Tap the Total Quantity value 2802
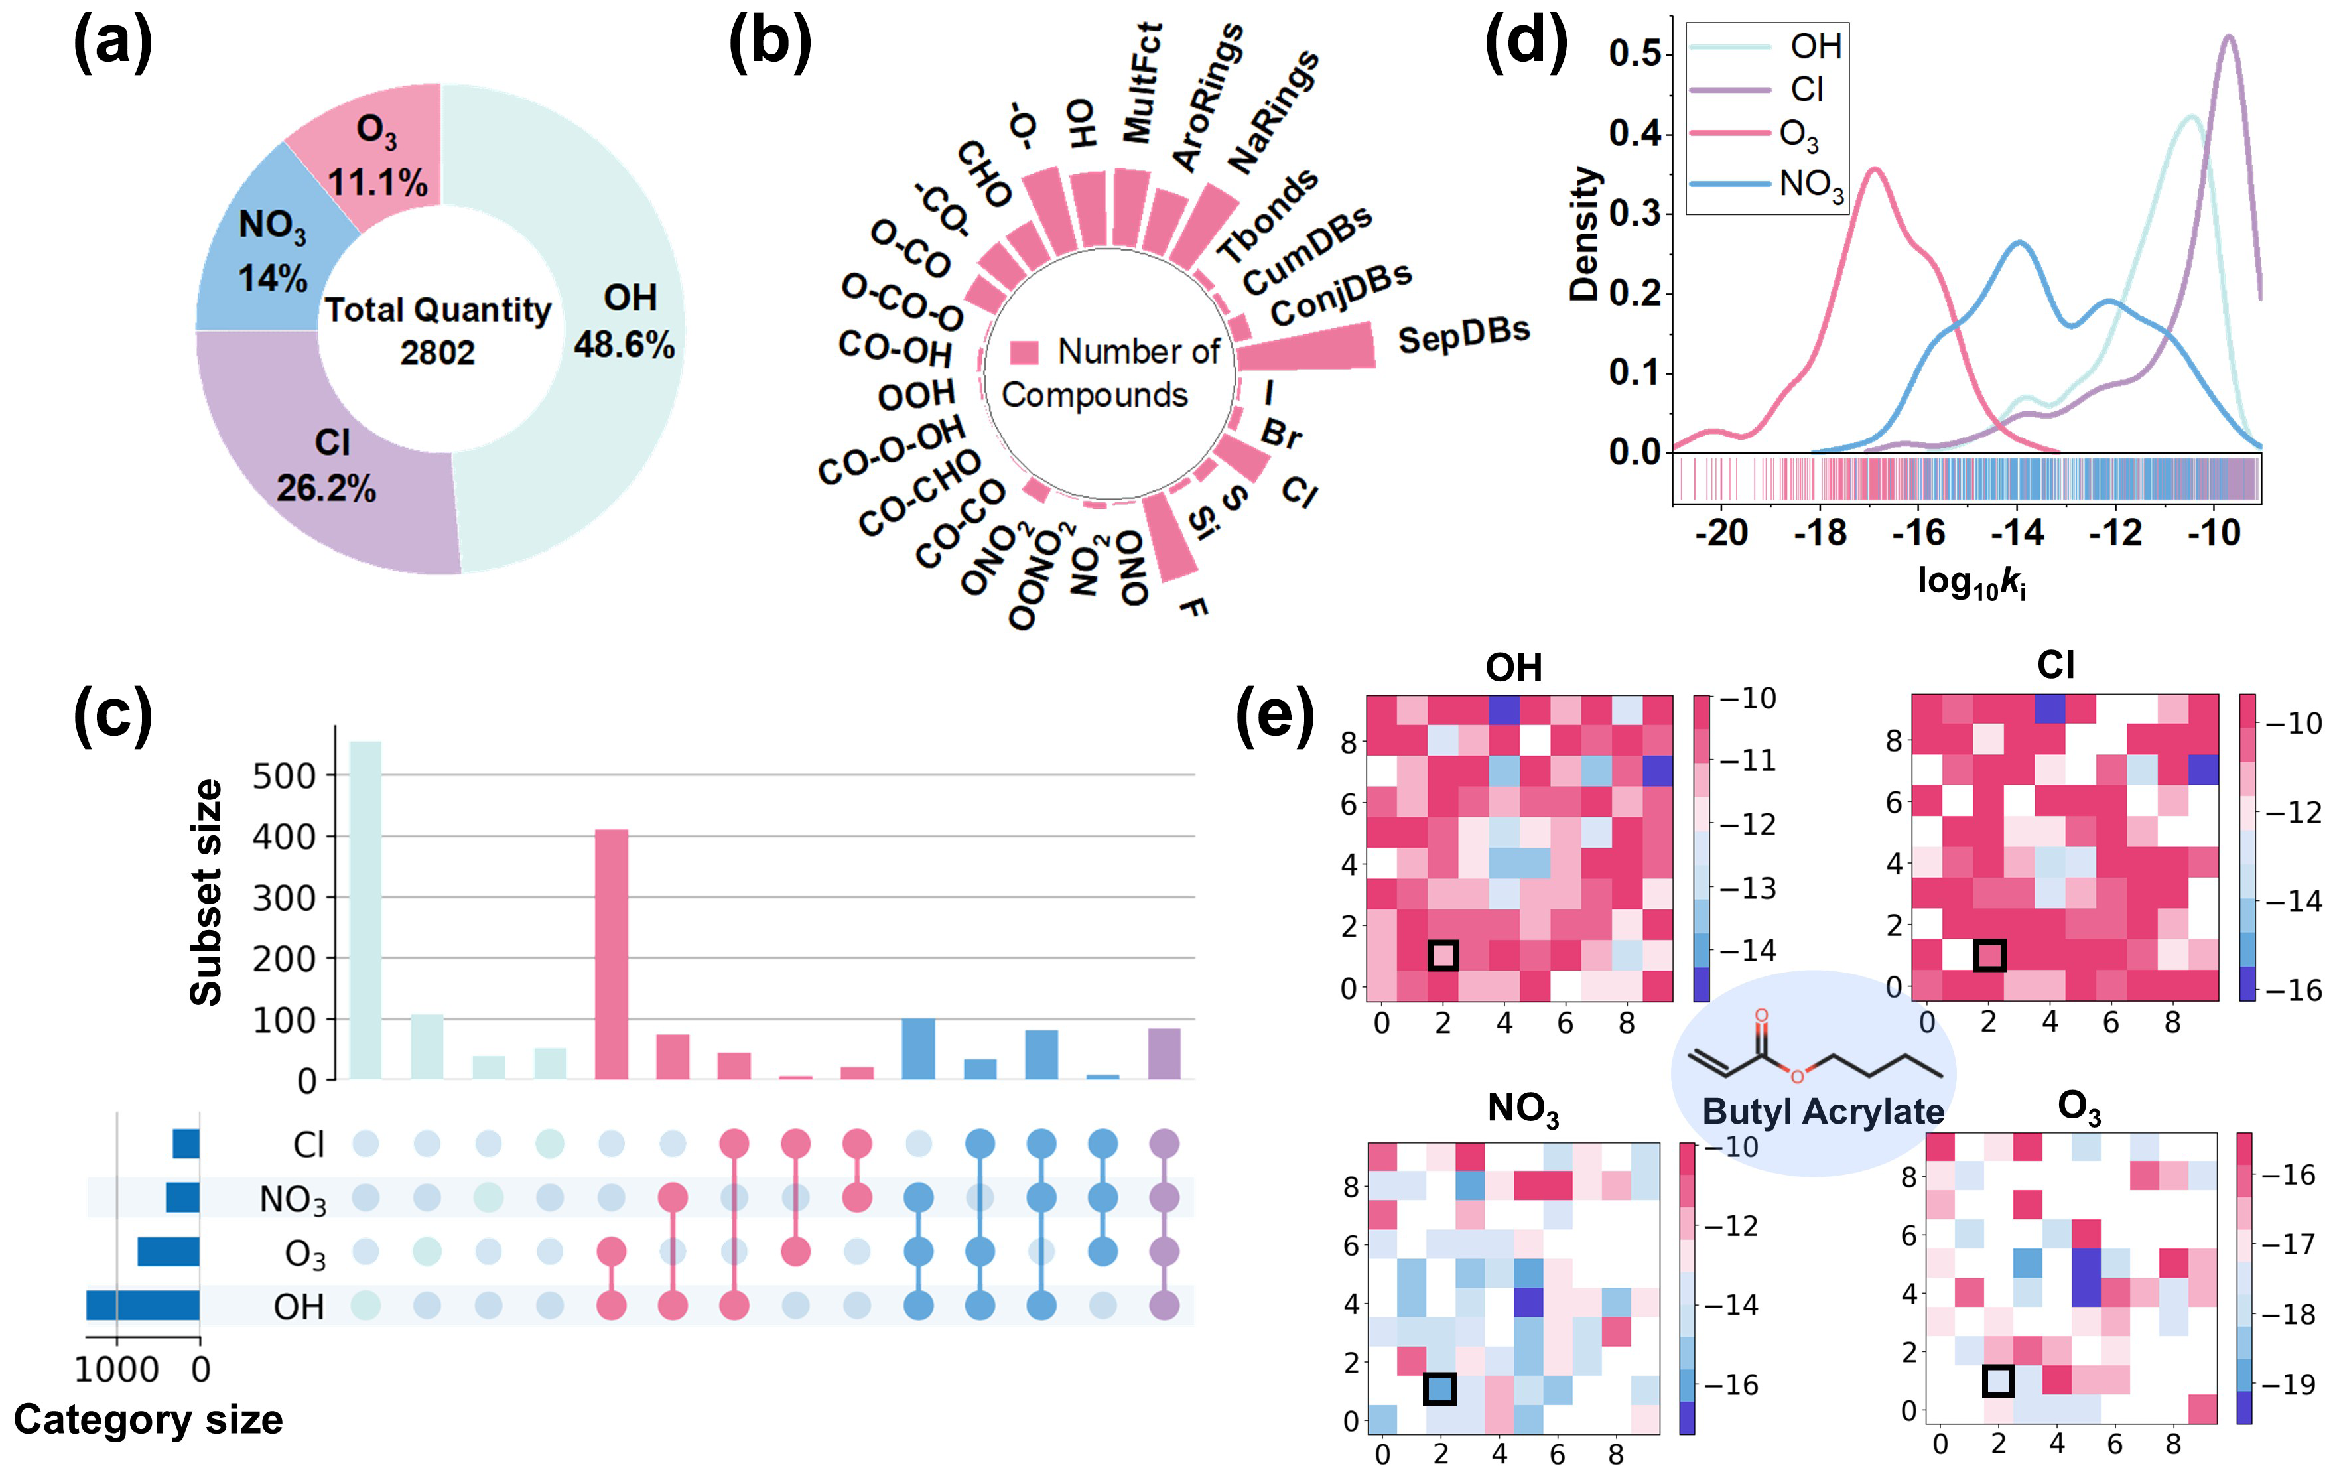tap(438, 352)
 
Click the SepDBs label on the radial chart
tap(1463, 335)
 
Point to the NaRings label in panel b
tap(1272, 111)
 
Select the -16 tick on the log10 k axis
tap(1918, 532)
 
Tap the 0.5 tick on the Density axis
tap(1635, 53)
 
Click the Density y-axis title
tap(1584, 233)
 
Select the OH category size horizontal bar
tap(143, 1306)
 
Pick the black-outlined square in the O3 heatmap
tap(1998, 1380)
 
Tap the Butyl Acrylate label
tap(1823, 1110)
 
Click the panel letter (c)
tap(113, 715)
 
